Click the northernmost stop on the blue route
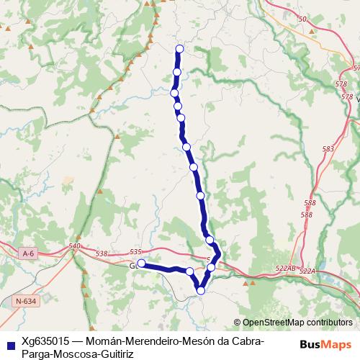[179, 49]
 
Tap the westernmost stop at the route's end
[142, 264]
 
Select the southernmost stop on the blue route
[201, 291]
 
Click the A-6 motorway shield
[28, 253]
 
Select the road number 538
[101, 253]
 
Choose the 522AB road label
[286, 268]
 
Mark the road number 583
[329, 149]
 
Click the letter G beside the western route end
[132, 266]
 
